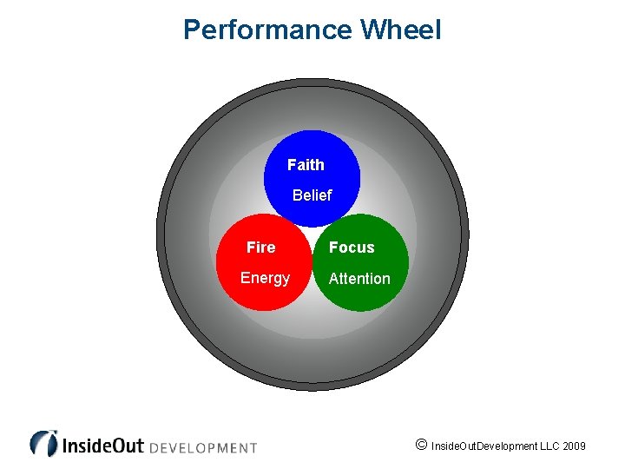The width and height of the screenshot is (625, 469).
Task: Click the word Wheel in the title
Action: (x=400, y=30)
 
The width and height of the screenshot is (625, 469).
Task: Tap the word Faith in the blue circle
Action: (x=306, y=165)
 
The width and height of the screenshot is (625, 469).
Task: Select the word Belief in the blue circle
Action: (x=312, y=195)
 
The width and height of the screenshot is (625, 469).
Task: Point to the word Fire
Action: (x=260, y=248)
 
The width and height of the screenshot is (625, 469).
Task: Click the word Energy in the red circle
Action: (x=265, y=278)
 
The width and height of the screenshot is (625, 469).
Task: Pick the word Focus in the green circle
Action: (x=352, y=248)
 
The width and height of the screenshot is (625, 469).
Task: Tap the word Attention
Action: (x=359, y=279)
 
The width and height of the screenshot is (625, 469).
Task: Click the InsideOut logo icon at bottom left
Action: (x=43, y=443)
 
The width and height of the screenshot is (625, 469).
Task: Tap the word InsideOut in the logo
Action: (x=102, y=446)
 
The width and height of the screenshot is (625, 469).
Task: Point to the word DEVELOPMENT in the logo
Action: (x=203, y=448)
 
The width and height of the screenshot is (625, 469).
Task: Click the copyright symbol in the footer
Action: (x=421, y=445)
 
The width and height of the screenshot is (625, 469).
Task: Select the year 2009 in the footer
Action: (x=574, y=446)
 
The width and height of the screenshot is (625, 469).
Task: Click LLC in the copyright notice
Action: (x=546, y=446)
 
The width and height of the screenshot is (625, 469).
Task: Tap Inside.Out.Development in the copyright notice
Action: (x=481, y=446)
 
